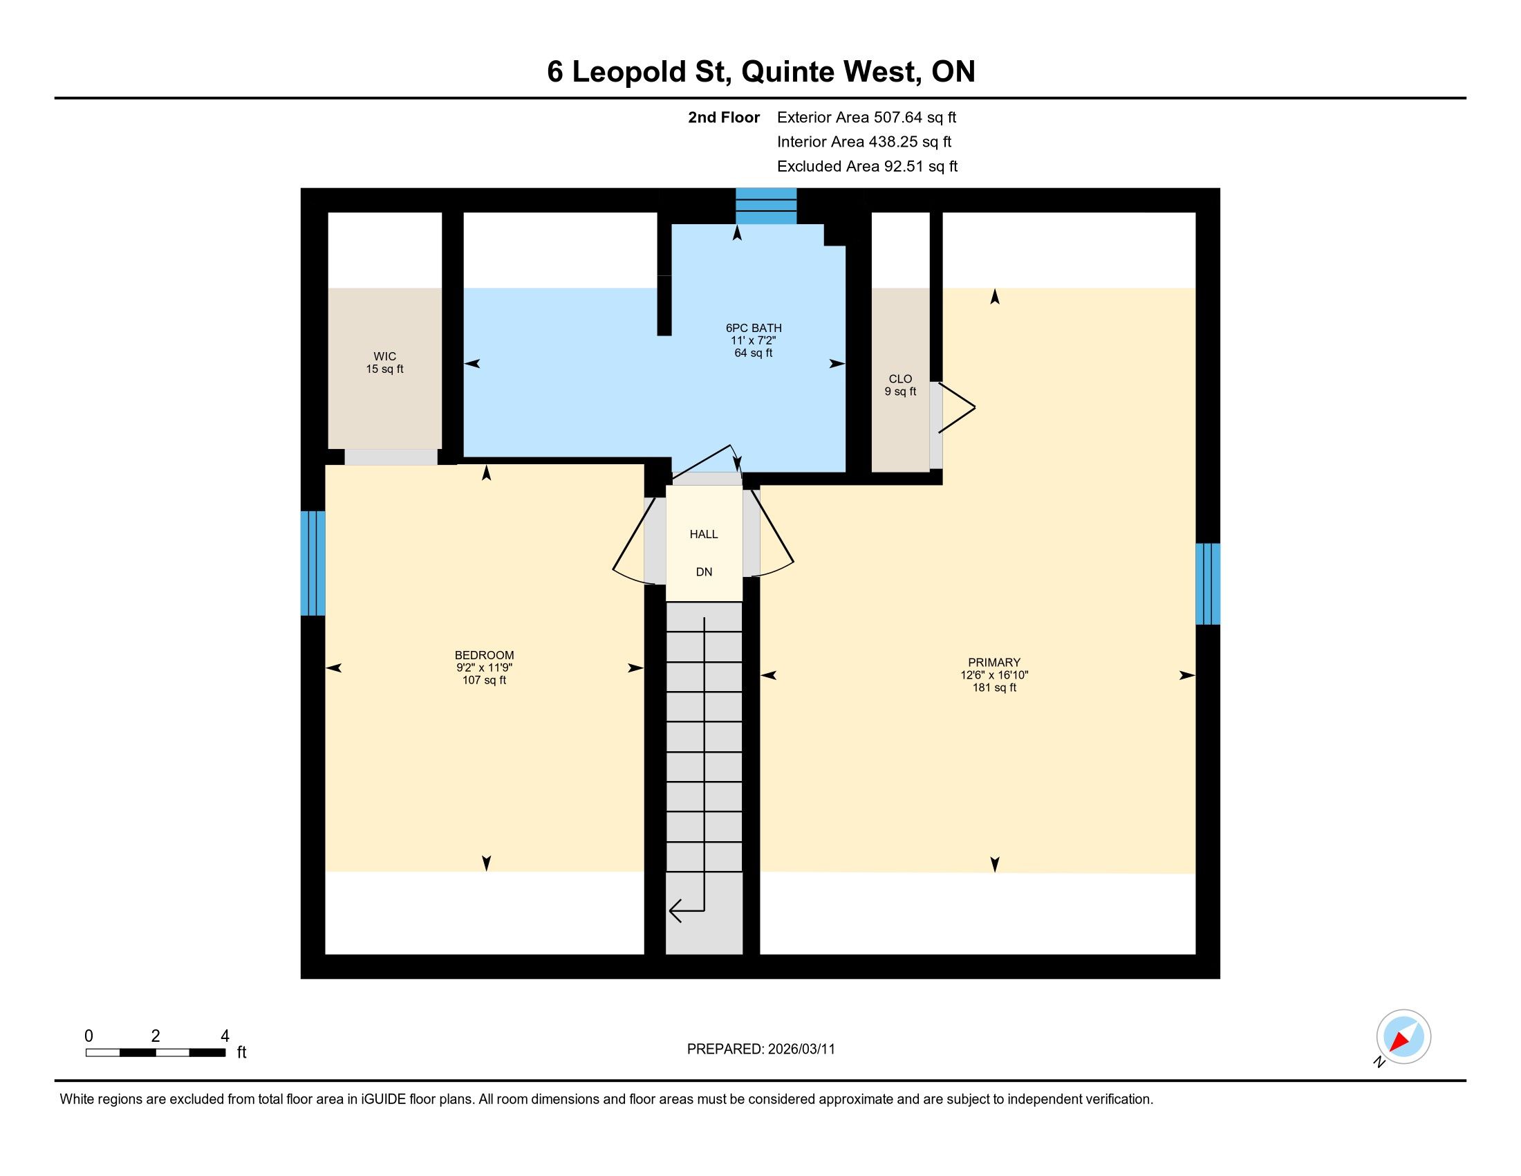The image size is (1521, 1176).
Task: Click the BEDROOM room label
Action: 484,655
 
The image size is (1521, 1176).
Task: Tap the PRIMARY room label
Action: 993,663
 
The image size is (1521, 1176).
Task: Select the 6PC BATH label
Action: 754,328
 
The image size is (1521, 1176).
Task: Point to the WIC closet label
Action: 385,357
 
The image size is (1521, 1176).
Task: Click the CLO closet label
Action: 900,379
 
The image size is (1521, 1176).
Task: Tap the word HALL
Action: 703,534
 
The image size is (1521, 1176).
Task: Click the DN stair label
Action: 704,572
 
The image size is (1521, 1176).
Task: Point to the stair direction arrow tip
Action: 670,910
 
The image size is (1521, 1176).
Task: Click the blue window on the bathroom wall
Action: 766,205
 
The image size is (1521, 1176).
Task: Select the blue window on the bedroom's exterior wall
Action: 312,564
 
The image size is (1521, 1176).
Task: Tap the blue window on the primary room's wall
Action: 1208,584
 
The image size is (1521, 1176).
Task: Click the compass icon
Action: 1403,1037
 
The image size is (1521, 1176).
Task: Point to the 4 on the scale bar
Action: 225,1036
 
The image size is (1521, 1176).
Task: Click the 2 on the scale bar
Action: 156,1036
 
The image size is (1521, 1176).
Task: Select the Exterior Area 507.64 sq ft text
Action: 866,118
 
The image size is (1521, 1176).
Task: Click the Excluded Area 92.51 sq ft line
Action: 867,167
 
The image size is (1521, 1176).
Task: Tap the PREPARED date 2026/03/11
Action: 801,1049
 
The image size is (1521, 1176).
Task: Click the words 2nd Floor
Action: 724,118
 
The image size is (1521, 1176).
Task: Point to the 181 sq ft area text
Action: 994,688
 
